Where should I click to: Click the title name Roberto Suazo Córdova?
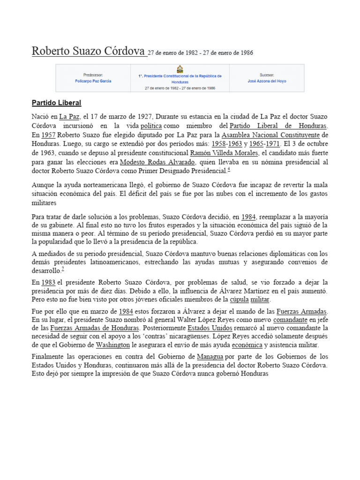[88, 52]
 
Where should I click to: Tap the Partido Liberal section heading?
[56, 103]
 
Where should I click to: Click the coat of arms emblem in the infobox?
[180, 69]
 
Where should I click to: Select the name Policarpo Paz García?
[93, 81]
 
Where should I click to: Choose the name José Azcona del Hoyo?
[267, 81]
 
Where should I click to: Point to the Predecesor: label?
[93, 75]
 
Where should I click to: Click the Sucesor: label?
[267, 75]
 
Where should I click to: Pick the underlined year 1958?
[220, 144]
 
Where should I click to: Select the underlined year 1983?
[48, 282]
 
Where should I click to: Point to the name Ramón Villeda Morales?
[224, 153]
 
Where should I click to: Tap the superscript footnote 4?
[229, 170]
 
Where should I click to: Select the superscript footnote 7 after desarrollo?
[63, 269]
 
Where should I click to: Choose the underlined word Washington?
[113, 345]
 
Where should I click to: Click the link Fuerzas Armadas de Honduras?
[94, 328]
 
